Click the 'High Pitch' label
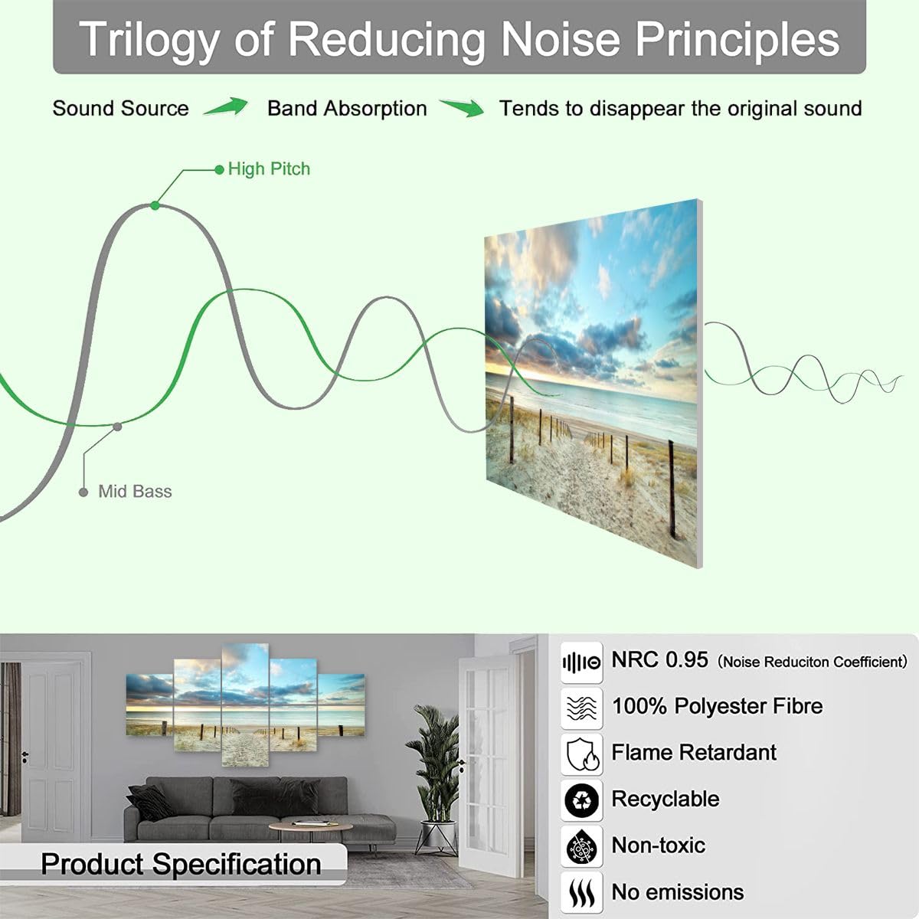coord(269,169)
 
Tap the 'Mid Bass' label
coord(135,492)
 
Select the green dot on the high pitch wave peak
coord(155,205)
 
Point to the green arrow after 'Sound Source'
coord(227,106)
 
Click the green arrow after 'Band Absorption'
coord(463,108)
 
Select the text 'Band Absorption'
coord(347,109)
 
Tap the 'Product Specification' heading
coord(181,864)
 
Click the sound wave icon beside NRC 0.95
coord(581,662)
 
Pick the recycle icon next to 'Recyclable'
coord(581,801)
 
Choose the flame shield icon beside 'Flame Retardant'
coord(581,755)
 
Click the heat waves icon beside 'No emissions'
coord(581,893)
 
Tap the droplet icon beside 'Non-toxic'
coord(581,847)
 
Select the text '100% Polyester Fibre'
coord(717,706)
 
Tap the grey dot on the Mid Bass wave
coord(117,427)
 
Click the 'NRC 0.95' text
coord(659,660)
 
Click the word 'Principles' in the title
coord(737,40)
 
